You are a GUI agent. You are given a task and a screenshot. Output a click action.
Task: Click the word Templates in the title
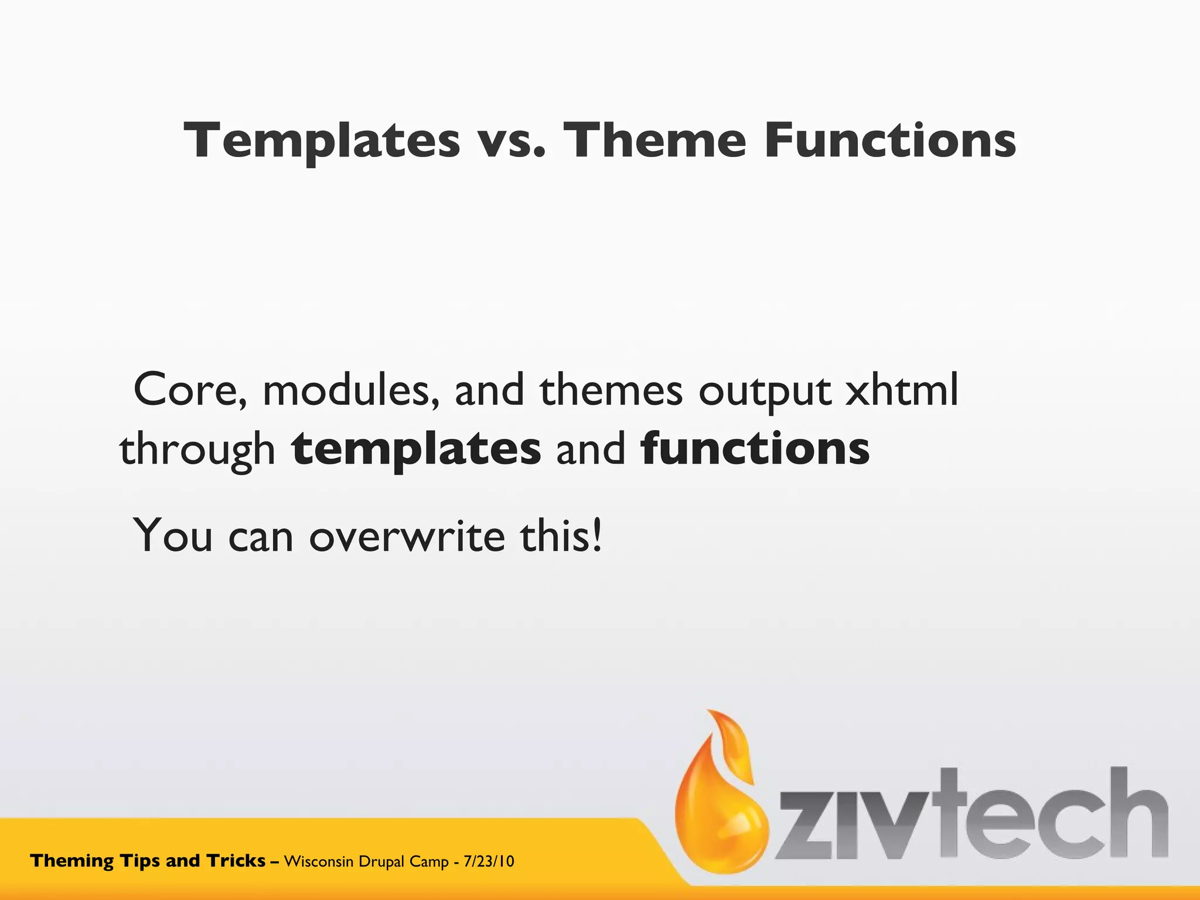(322, 141)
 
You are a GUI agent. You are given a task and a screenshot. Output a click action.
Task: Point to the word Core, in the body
(190, 390)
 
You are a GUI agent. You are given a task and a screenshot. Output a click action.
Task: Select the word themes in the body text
(611, 390)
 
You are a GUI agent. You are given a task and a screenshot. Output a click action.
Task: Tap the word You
(173, 536)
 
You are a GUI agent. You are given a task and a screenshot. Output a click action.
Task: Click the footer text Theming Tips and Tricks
(148, 861)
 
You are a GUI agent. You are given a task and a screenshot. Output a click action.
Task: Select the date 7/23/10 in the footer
(489, 861)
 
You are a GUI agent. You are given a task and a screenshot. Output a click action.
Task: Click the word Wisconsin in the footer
(318, 861)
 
